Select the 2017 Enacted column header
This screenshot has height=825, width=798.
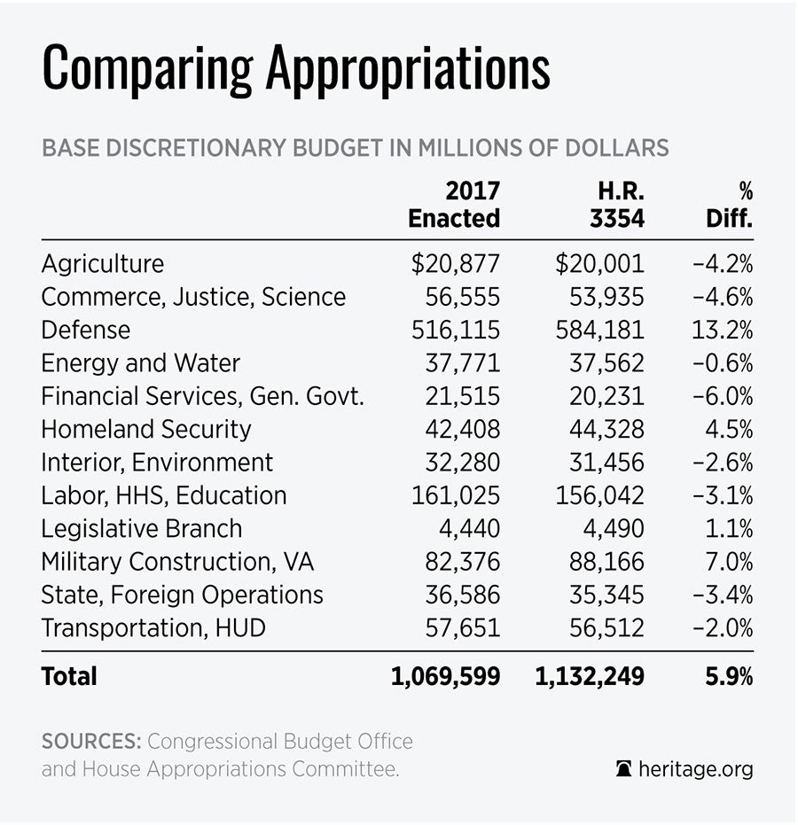[x=454, y=205]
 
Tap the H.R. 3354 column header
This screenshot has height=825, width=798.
[x=617, y=205]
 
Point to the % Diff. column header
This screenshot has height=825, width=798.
[x=730, y=205]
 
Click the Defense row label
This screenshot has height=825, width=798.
[x=86, y=331]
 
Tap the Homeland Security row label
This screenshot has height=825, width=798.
[x=146, y=430]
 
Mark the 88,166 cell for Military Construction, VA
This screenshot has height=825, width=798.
[x=607, y=563]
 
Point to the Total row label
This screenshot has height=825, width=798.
[x=69, y=677]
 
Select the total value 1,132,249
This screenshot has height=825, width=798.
[x=590, y=677]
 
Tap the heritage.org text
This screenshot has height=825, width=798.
[x=696, y=769]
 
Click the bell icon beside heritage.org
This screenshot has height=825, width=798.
[x=624, y=769]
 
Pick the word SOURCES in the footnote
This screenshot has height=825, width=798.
[x=90, y=741]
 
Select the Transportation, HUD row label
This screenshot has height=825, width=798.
[x=153, y=629]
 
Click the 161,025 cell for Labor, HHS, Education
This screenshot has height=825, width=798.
[x=456, y=496]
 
